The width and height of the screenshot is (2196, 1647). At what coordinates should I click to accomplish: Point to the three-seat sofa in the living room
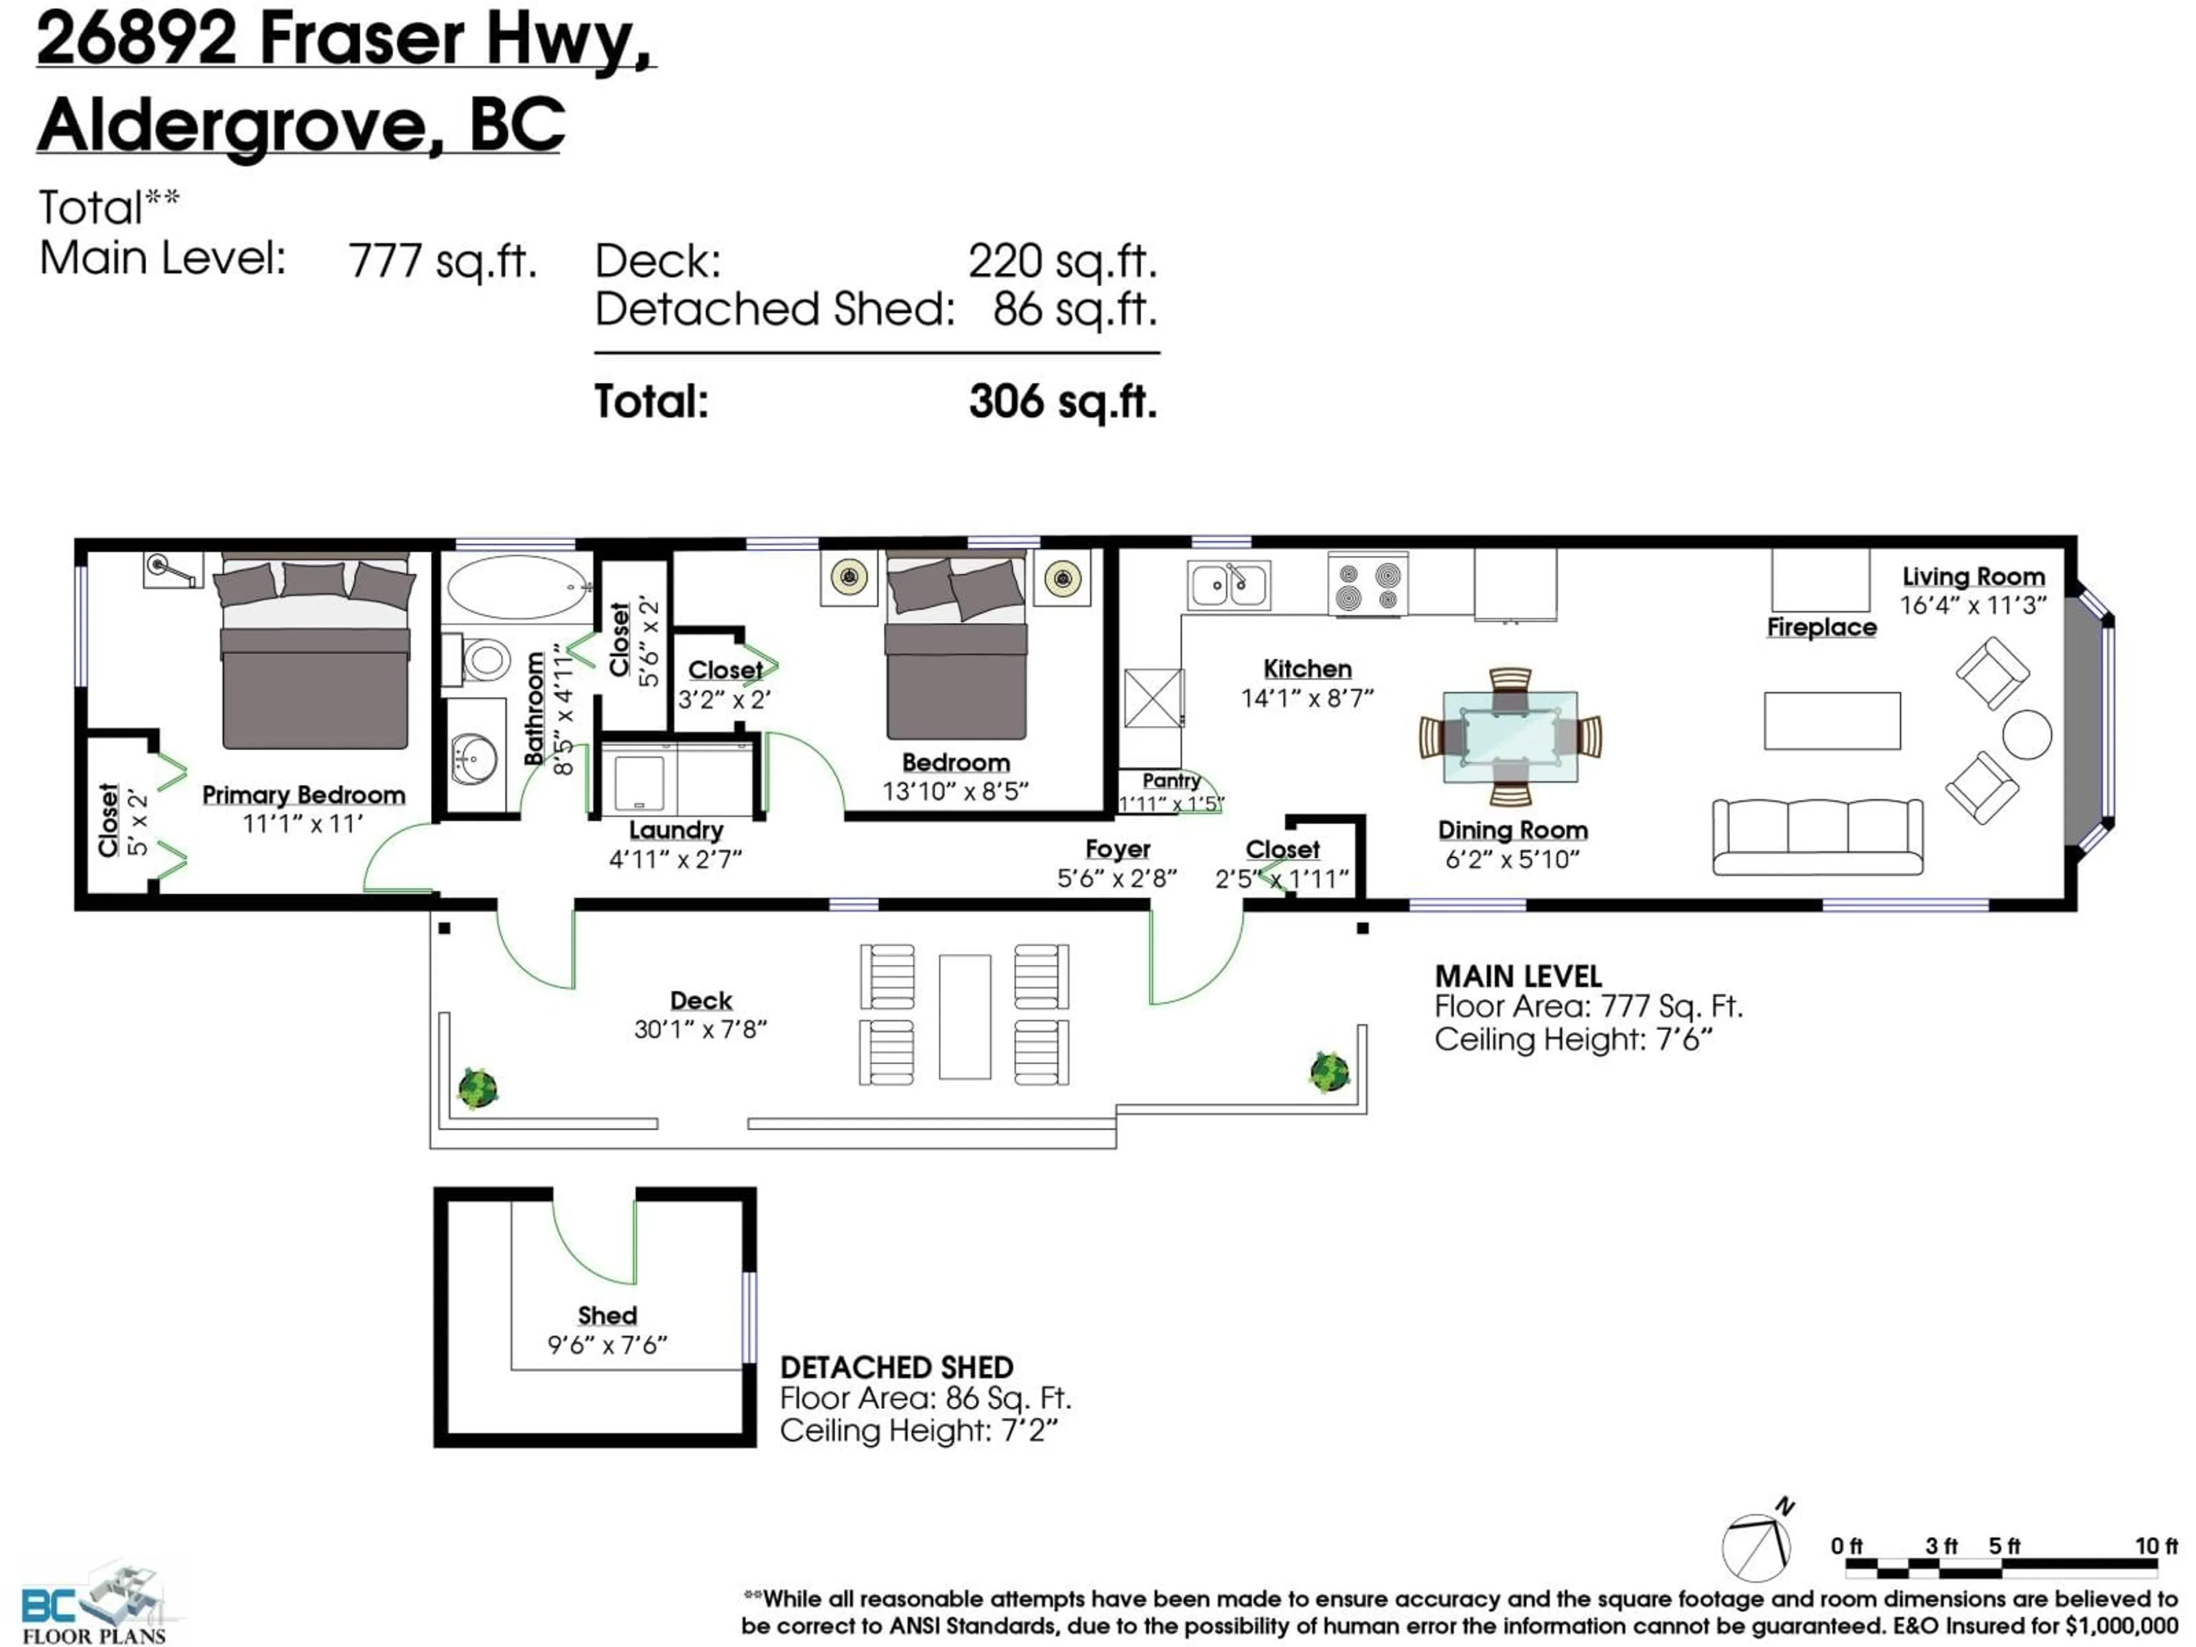[x=1817, y=836]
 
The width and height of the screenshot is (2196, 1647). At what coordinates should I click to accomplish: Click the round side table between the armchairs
[x=2026, y=735]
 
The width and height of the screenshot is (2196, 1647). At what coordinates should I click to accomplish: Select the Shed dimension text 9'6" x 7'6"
[x=607, y=1344]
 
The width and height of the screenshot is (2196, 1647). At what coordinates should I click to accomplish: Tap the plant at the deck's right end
[x=1328, y=1071]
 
